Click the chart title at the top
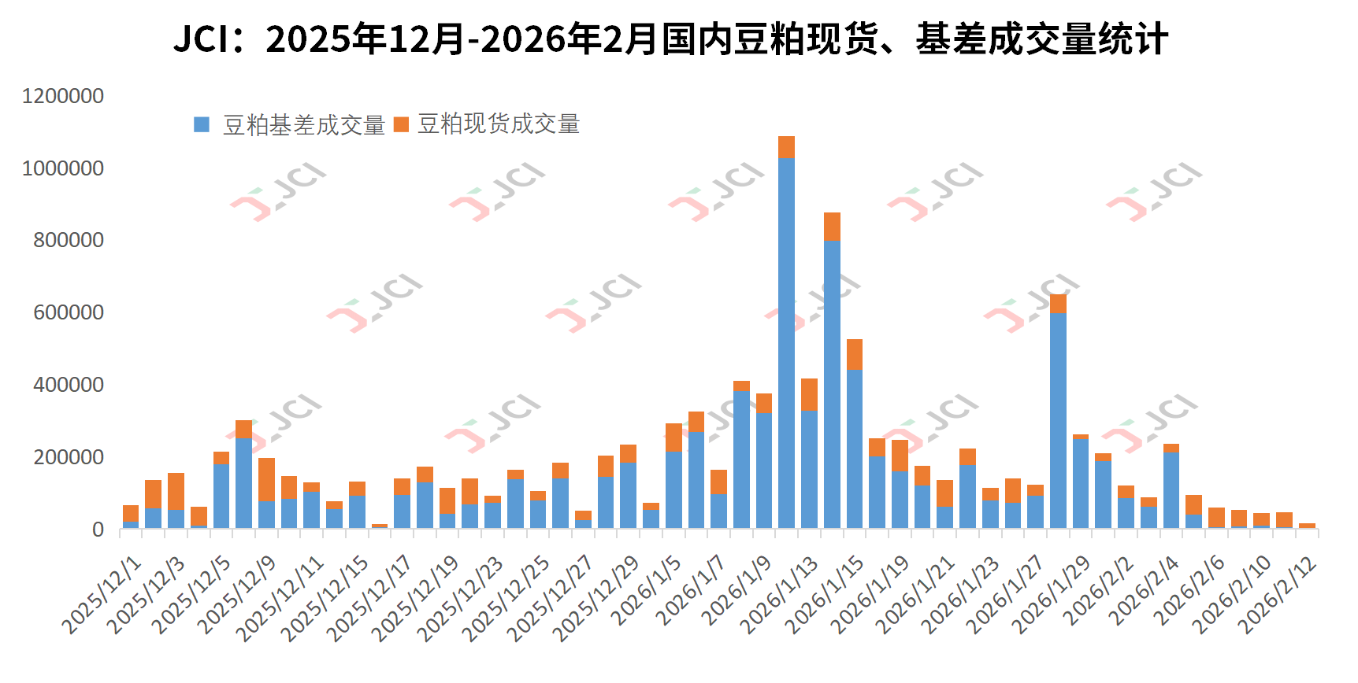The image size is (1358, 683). (x=670, y=39)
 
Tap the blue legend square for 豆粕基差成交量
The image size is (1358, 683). (x=202, y=124)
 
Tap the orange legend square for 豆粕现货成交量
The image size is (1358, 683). (x=401, y=124)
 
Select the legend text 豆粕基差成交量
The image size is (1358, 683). (x=304, y=124)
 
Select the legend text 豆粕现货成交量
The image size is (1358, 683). (x=499, y=124)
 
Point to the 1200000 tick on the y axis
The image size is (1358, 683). (x=63, y=96)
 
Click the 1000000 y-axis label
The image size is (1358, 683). (x=63, y=168)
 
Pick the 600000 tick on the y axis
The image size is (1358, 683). (x=69, y=312)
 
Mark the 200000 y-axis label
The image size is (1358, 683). (x=69, y=457)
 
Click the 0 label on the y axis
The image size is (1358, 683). (x=98, y=530)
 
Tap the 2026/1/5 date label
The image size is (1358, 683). (x=647, y=590)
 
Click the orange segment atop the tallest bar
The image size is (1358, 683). (x=786, y=147)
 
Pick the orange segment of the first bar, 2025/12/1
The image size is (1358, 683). (x=131, y=513)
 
